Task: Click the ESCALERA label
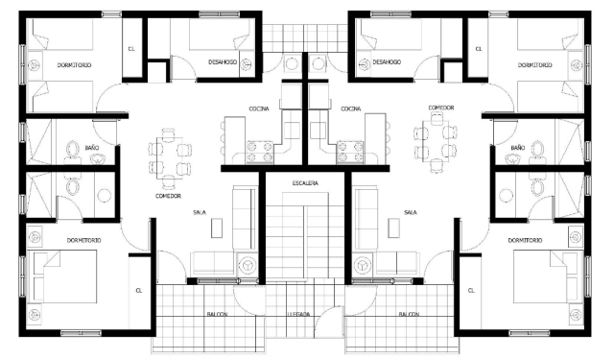(x=305, y=183)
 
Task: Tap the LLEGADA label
(x=298, y=314)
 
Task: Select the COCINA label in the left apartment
(x=259, y=108)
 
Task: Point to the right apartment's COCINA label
(x=350, y=108)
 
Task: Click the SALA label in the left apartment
(x=200, y=212)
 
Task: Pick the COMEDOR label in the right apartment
(x=441, y=108)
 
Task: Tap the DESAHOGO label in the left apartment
(x=223, y=61)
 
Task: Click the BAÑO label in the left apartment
(x=92, y=148)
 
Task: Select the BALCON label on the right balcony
(x=409, y=314)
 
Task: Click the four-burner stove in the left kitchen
(x=259, y=153)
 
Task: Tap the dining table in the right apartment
(x=436, y=140)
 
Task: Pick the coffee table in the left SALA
(x=217, y=228)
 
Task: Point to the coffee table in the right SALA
(x=393, y=228)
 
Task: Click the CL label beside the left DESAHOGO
(x=131, y=49)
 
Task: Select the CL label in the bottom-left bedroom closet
(x=138, y=290)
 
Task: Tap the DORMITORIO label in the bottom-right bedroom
(x=525, y=240)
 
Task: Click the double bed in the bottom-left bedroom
(x=65, y=276)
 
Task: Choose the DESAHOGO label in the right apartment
(x=387, y=61)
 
